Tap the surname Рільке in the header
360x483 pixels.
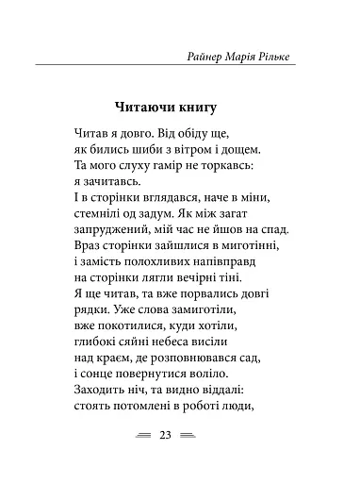(x=288, y=58)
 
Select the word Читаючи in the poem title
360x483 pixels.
(x=147, y=105)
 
